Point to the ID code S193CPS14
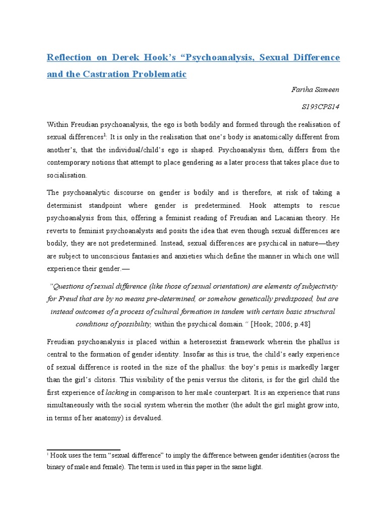pyautogui.click(x=321, y=107)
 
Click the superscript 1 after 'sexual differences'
pyautogui.click(x=103, y=134)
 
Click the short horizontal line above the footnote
pyautogui.click(x=83, y=450)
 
